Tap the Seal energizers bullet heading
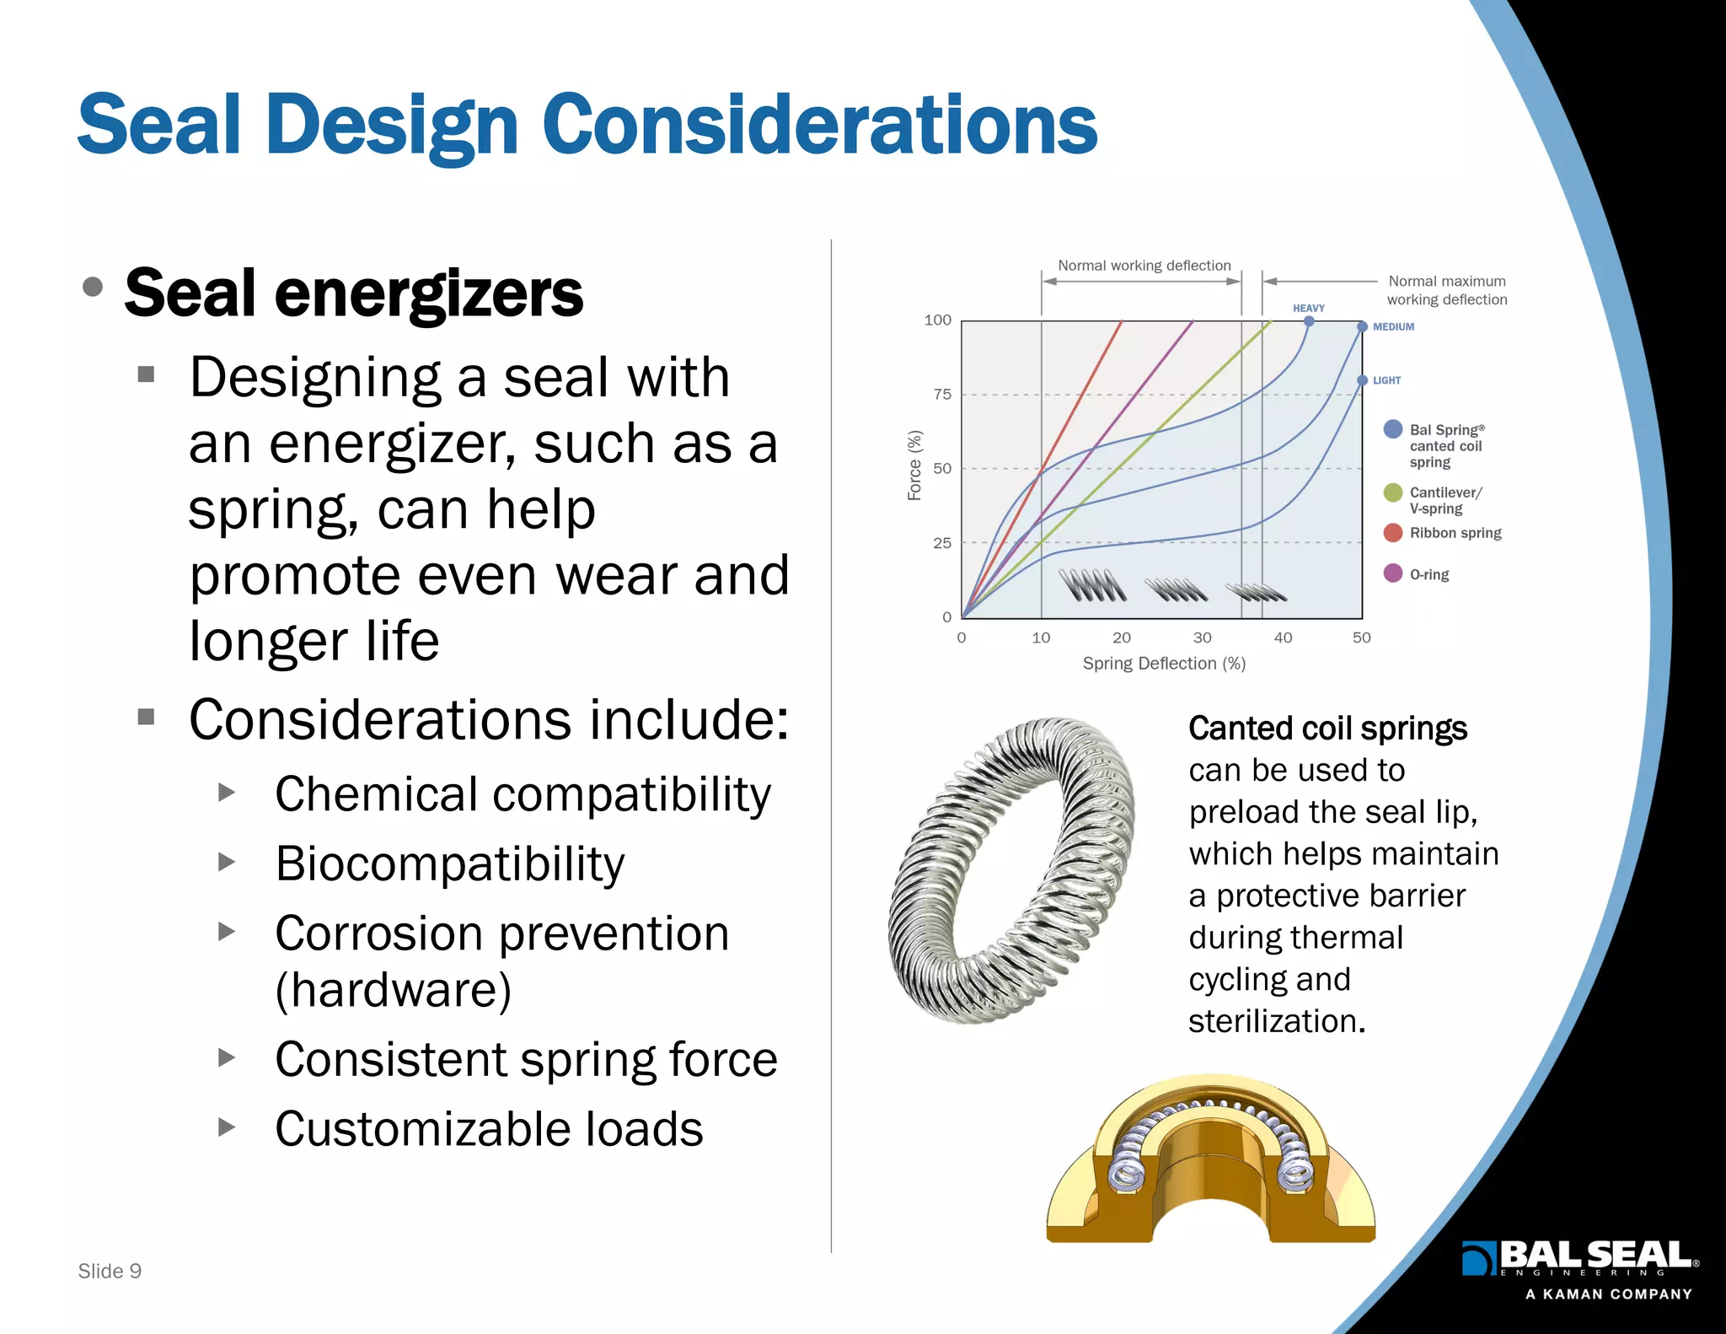353,293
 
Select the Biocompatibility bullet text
449,864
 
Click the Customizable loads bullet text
489,1129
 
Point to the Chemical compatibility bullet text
523,794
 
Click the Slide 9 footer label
110,1271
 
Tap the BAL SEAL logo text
1593,1256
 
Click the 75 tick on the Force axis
941,394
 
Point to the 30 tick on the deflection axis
1202,637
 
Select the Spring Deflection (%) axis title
1163,664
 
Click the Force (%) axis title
914,465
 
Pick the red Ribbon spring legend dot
1393,532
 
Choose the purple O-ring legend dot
1393,573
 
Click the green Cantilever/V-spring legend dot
1393,492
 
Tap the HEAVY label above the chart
1308,309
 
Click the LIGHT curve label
1386,380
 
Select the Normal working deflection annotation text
1144,266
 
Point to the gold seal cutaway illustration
1210,1164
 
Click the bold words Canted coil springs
1327,729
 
